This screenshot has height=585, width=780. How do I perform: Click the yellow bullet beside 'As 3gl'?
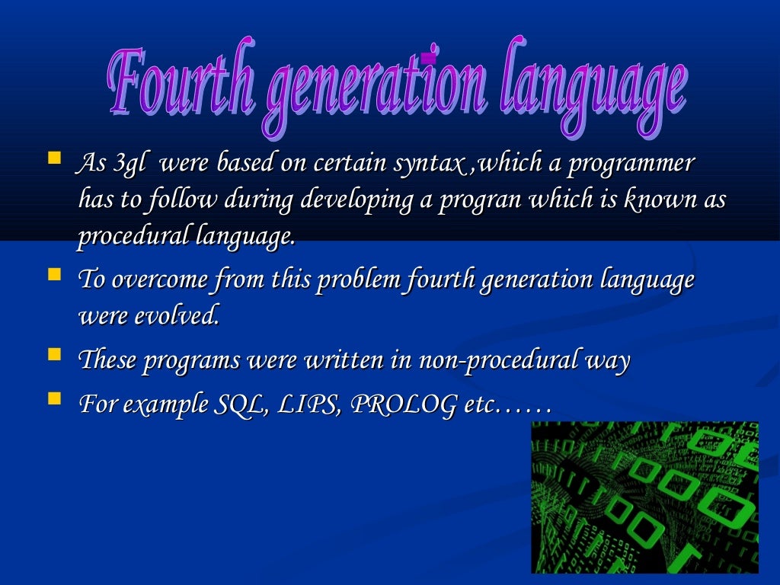click(x=53, y=160)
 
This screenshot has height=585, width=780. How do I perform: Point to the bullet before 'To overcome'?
click(x=53, y=275)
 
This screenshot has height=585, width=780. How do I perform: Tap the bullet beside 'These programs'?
click(x=53, y=356)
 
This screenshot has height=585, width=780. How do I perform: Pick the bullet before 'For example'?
click(x=53, y=398)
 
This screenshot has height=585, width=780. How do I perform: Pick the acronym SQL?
click(x=232, y=403)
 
